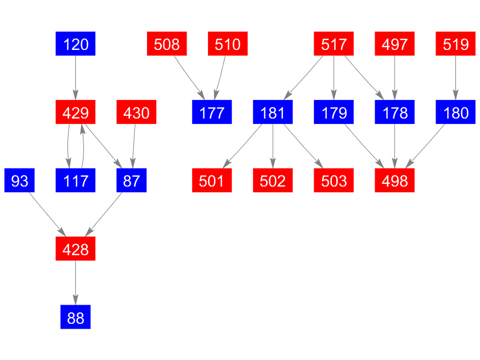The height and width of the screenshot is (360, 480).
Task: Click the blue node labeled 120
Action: click(x=76, y=44)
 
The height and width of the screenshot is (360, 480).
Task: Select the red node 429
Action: click(x=76, y=113)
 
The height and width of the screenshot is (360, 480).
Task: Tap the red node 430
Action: click(x=137, y=113)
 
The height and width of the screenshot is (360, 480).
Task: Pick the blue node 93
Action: click(x=20, y=181)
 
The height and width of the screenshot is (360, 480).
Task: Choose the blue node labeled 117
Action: click(x=76, y=181)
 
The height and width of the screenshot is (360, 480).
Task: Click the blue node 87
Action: click(x=132, y=181)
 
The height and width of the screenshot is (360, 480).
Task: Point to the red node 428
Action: click(x=76, y=249)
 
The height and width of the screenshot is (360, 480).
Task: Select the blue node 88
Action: click(x=76, y=318)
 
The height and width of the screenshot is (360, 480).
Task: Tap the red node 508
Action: click(x=167, y=44)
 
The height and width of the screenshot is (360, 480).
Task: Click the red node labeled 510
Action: click(x=228, y=44)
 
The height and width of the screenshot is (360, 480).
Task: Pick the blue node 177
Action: click(x=212, y=113)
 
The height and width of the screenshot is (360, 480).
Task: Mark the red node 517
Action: click(x=334, y=44)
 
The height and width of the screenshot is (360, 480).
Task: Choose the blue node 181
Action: click(x=273, y=113)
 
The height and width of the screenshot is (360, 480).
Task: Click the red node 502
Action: click(x=273, y=181)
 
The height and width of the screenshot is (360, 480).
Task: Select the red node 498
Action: click(x=394, y=181)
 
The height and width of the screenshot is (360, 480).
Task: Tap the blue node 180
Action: click(x=456, y=113)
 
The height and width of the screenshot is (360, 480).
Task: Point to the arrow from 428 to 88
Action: click(x=76, y=283)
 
